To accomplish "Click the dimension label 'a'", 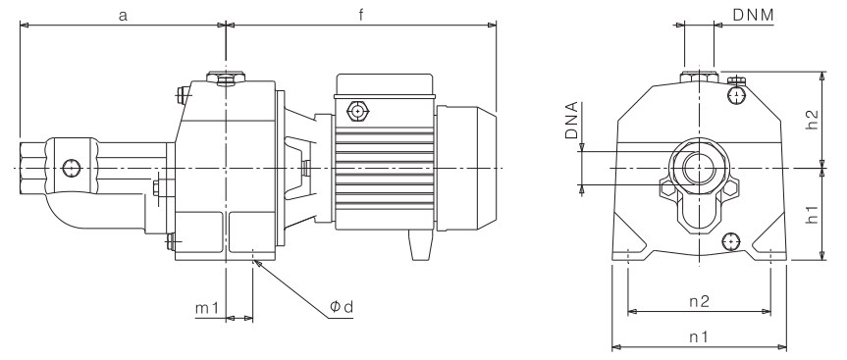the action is coord(123,16).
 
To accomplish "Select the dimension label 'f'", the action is coord(361,15).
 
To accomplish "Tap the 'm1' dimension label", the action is coord(207,308).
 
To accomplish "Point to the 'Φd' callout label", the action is coord(342,307).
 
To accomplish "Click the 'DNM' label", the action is coord(753,15).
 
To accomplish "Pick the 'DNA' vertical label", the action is coord(571,121).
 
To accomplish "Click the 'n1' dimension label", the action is coord(699,337).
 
